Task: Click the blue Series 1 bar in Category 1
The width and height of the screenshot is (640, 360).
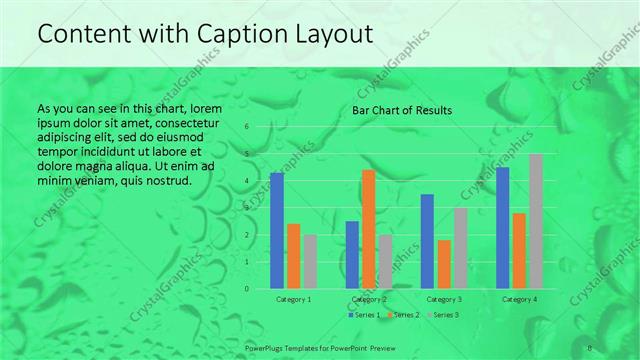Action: point(277,230)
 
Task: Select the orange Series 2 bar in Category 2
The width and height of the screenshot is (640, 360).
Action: point(368,229)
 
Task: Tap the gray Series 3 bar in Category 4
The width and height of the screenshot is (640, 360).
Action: point(536,221)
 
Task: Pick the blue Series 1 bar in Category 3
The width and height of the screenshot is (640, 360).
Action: point(427,241)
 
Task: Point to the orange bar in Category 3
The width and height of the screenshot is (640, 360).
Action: point(444,264)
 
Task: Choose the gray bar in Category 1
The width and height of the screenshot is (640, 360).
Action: point(310,261)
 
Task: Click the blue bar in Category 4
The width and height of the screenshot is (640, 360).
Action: point(502,227)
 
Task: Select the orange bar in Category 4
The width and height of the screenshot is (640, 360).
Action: point(519,250)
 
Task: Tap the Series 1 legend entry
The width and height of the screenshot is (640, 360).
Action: point(365,316)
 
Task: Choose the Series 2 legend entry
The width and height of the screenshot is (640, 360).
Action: point(404,316)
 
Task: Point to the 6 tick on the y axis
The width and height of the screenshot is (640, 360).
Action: point(247,127)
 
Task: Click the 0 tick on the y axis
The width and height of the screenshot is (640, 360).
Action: point(247,289)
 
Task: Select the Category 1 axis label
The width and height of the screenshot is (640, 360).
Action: point(293,299)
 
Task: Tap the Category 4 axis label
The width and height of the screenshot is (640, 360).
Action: point(519,299)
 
